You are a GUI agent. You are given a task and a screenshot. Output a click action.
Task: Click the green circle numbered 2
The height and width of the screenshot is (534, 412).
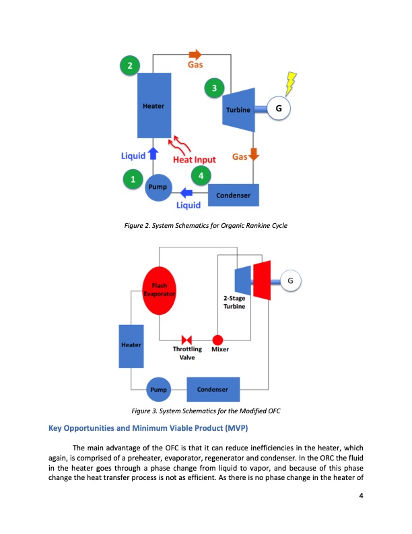click(x=129, y=65)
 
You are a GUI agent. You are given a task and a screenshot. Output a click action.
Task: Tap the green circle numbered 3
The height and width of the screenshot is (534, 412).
click(x=213, y=88)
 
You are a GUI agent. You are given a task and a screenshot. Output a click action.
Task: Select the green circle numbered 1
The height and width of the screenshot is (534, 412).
click(x=133, y=179)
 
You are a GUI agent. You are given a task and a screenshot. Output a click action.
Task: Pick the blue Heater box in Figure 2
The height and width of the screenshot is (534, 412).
click(x=153, y=106)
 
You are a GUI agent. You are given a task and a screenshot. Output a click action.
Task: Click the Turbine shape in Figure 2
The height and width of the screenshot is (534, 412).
click(x=238, y=109)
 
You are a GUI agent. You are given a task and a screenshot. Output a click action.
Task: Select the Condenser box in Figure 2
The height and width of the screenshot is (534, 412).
click(x=234, y=196)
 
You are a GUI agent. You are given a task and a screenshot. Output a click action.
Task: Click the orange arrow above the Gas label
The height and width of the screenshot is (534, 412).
click(x=195, y=54)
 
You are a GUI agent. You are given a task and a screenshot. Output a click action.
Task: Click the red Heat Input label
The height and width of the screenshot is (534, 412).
click(x=195, y=160)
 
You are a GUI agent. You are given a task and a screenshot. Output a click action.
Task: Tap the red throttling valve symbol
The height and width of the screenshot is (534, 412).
click(x=187, y=339)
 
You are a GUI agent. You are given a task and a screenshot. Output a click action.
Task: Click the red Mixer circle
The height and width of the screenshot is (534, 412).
click(x=218, y=339)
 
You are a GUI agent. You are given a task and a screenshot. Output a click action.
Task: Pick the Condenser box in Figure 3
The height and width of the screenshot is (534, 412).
click(x=213, y=390)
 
